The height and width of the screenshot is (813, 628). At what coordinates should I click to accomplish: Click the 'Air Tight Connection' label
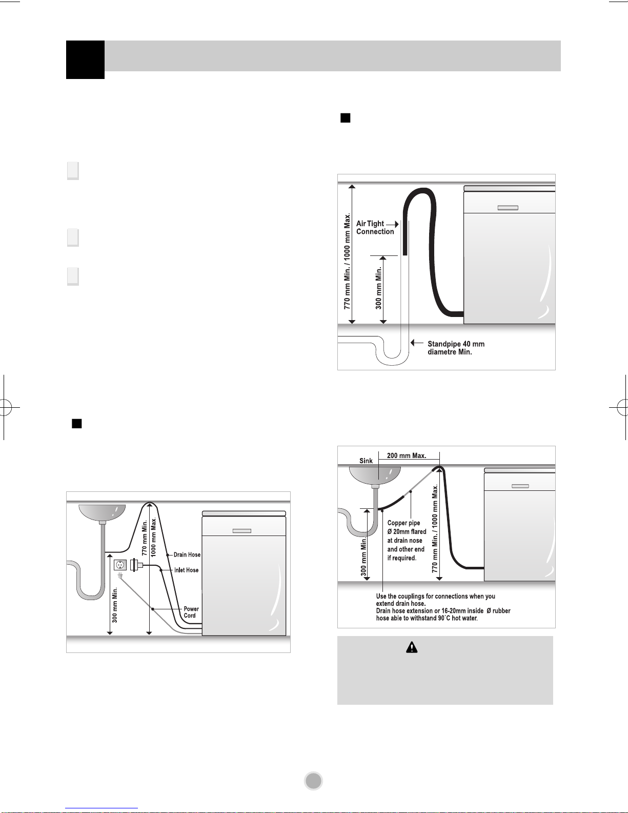point(375,227)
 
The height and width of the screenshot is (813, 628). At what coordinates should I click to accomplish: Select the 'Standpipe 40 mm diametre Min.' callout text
point(456,348)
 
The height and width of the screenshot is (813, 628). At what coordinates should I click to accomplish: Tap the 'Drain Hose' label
point(187,554)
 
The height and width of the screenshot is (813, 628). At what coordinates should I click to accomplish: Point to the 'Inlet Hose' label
point(186,570)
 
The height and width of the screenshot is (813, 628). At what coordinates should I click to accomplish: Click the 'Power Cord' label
point(191,612)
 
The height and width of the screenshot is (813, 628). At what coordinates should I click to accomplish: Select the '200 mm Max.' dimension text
point(407,455)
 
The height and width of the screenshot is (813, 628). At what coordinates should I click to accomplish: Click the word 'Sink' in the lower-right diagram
point(366,461)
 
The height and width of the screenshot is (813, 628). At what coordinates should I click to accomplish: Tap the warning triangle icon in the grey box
point(412,647)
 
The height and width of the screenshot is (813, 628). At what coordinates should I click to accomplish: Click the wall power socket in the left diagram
point(120,565)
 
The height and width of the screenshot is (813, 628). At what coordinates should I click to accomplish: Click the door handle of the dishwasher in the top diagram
point(508,208)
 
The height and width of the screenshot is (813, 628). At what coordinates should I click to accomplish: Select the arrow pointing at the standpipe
point(417,343)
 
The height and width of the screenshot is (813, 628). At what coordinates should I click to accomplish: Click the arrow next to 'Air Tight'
point(393,224)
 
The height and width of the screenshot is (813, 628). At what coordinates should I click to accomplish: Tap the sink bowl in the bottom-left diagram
point(102,512)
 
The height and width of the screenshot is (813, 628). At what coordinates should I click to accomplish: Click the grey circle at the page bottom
point(314,781)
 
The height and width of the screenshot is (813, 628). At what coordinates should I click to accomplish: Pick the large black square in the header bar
point(85,60)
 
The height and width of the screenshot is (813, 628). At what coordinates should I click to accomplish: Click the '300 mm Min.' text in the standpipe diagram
point(379,288)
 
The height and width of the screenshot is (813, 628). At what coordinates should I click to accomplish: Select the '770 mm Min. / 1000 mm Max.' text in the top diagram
point(347,262)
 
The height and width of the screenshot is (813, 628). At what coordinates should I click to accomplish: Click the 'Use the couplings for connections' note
point(443,607)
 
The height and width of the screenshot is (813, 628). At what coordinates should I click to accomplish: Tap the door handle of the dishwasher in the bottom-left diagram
point(242,530)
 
